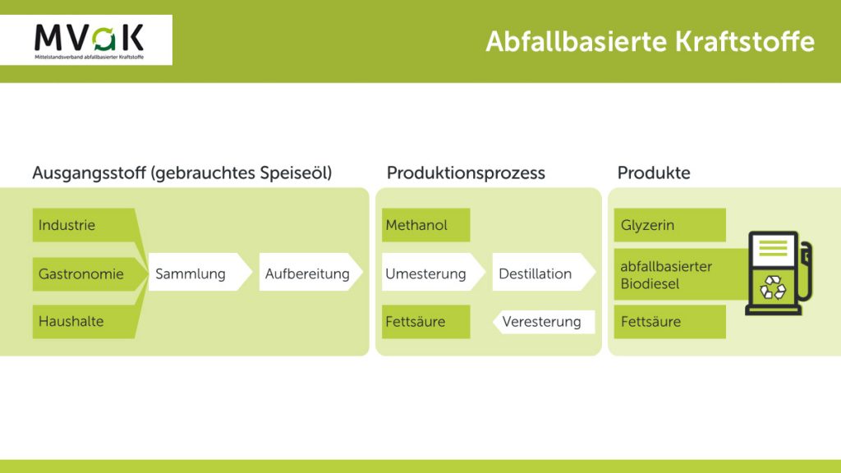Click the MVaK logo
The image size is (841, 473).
point(89,40)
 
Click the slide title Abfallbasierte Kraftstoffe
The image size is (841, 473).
point(650,41)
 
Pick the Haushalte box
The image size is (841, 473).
point(84,321)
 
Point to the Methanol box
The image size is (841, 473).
point(426,225)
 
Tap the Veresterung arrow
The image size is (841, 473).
point(544,322)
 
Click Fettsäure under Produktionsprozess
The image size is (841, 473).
point(426,321)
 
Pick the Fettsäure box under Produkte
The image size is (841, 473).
point(670,321)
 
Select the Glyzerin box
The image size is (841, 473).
point(670,225)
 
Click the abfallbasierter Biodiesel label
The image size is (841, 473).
point(666,274)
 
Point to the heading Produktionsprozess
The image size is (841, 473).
point(466,172)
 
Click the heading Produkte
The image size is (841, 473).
point(654,172)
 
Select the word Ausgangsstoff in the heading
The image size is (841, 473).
point(89,173)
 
